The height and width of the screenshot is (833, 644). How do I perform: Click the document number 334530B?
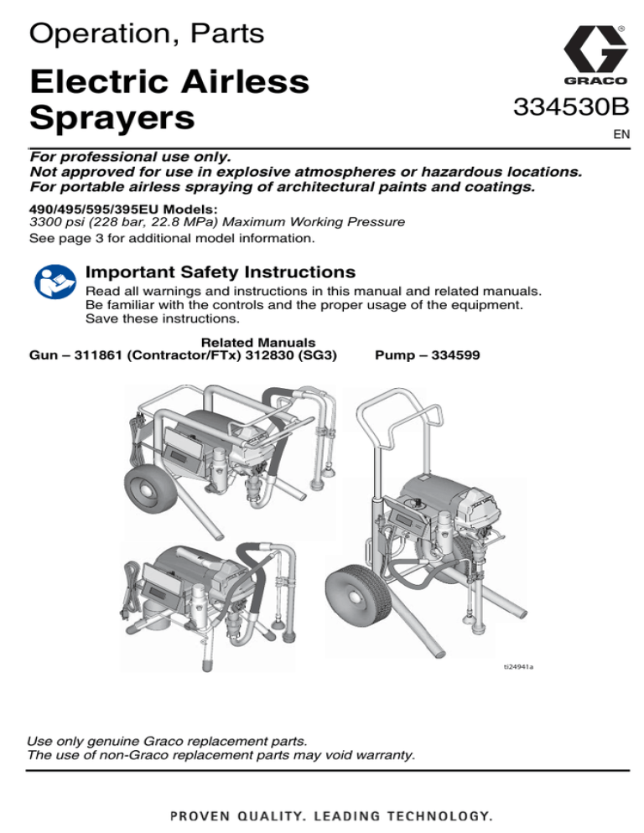click(x=570, y=106)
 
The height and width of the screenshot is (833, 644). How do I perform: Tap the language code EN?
click(x=621, y=134)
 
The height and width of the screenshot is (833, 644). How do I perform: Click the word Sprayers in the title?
click(x=112, y=118)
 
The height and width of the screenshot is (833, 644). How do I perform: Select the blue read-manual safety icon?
click(x=55, y=282)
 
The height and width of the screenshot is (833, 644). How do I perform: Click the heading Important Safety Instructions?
click(x=221, y=272)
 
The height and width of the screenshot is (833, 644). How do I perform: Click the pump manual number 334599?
click(x=455, y=355)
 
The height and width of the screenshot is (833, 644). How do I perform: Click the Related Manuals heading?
click(x=258, y=343)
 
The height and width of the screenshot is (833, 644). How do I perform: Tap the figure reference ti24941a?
click(x=518, y=667)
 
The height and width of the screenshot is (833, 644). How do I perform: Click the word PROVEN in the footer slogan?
click(x=200, y=816)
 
